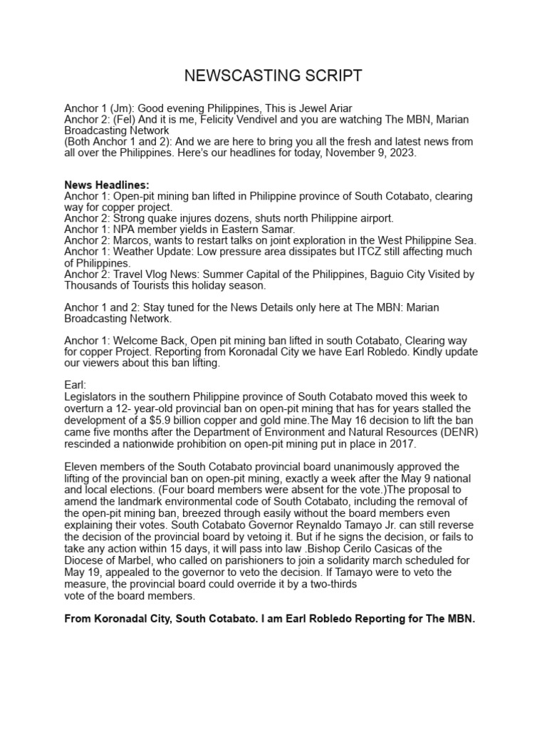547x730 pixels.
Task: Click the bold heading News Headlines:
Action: click(x=107, y=185)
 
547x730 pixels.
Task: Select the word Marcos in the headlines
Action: click(x=130, y=241)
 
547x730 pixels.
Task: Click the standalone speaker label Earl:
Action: click(x=75, y=385)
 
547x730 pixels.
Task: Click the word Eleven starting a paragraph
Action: click(x=80, y=467)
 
